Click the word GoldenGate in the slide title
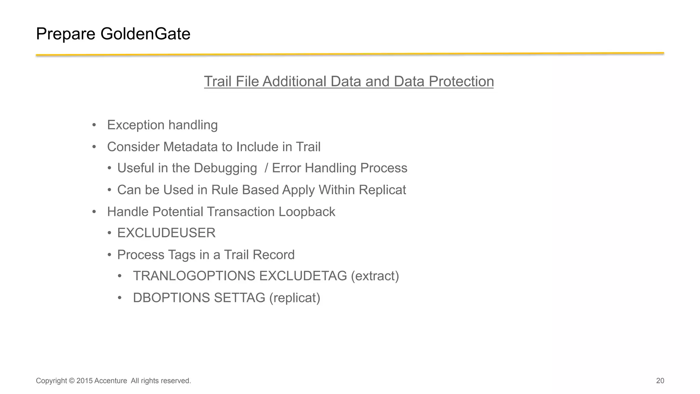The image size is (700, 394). [x=145, y=34]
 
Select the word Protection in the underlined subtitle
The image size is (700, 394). [x=461, y=81]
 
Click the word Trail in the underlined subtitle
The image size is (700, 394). [x=218, y=81]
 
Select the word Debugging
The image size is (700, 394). [x=225, y=168]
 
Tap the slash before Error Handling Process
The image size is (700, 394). [x=266, y=168]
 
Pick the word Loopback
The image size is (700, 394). [x=307, y=212]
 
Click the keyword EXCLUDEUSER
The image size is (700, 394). [x=166, y=233]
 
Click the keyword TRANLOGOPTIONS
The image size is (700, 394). [x=194, y=276]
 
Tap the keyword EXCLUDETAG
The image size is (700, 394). [x=303, y=276]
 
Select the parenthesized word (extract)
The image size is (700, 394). [x=375, y=276]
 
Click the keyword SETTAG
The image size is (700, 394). [x=239, y=298]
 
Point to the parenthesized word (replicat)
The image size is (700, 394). [x=295, y=298]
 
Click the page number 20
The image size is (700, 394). [x=660, y=381]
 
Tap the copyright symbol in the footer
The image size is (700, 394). [x=71, y=381]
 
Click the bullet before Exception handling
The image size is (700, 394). [x=94, y=125]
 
